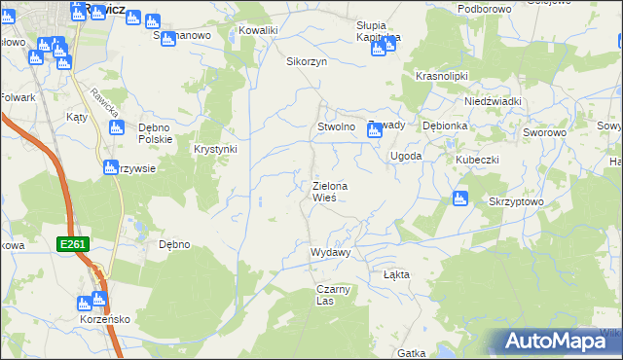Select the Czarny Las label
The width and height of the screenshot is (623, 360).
(332, 295)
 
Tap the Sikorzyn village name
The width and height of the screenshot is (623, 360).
(305, 60)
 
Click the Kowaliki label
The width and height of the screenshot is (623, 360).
(258, 30)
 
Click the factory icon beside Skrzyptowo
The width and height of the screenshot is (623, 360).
(460, 199)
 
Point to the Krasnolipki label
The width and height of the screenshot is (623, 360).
(442, 75)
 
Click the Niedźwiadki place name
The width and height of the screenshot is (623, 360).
(494, 101)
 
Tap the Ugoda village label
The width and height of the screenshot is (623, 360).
(406, 156)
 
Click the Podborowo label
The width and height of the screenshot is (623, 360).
(484, 9)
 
